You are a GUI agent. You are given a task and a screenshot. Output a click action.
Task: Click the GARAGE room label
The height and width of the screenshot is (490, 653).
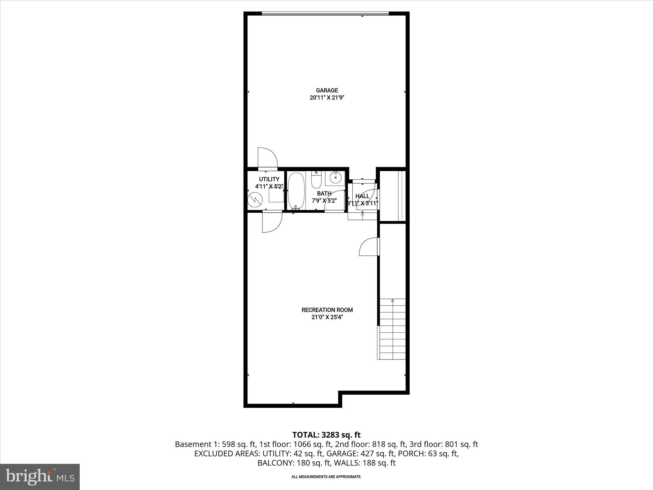pyautogui.click(x=327, y=91)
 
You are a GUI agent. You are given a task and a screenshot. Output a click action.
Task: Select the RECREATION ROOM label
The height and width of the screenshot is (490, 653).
pyautogui.click(x=327, y=310)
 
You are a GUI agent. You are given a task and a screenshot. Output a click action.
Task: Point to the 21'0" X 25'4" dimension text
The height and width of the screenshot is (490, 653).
pyautogui.click(x=327, y=317)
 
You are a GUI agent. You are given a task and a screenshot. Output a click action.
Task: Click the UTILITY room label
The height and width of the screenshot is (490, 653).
pyautogui.click(x=269, y=179)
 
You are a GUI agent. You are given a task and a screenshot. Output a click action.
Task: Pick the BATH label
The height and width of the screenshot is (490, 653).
pyautogui.click(x=324, y=193)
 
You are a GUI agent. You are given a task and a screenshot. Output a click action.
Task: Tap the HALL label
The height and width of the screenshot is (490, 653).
pyautogui.click(x=362, y=196)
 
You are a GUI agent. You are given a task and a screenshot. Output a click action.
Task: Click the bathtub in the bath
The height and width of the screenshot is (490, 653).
pyautogui.click(x=296, y=191)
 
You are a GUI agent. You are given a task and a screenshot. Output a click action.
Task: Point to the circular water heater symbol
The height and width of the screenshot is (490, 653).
pyautogui.click(x=255, y=199)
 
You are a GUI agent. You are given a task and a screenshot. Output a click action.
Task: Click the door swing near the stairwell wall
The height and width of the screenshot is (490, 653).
pyautogui.click(x=369, y=247)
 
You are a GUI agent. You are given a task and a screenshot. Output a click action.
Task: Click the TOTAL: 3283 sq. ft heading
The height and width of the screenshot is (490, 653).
pyautogui.click(x=326, y=435)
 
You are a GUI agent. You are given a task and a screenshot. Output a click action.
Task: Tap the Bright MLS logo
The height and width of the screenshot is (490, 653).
pyautogui.click(x=40, y=477)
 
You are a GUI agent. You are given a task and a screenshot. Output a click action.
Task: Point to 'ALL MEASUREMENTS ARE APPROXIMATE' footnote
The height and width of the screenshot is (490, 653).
pyautogui.click(x=326, y=477)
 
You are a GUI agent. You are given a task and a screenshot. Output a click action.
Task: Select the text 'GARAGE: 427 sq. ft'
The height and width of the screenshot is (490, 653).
pyautogui.click(x=361, y=454)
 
